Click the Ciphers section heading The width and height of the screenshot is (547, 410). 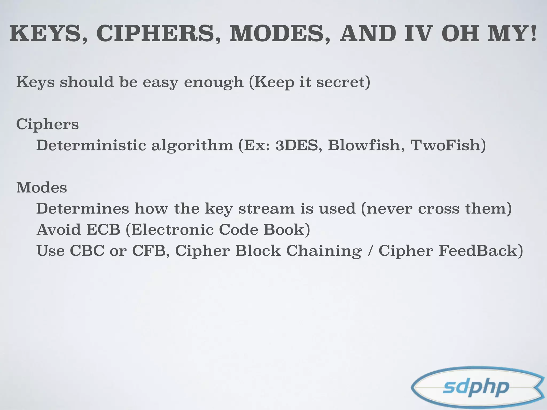click(x=48, y=124)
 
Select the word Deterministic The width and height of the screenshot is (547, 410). click(x=91, y=145)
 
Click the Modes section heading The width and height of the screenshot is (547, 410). click(x=42, y=188)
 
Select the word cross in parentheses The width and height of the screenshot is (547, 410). click(x=438, y=209)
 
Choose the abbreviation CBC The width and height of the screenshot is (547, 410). click(x=87, y=251)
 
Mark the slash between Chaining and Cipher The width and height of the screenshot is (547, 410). click(x=370, y=251)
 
